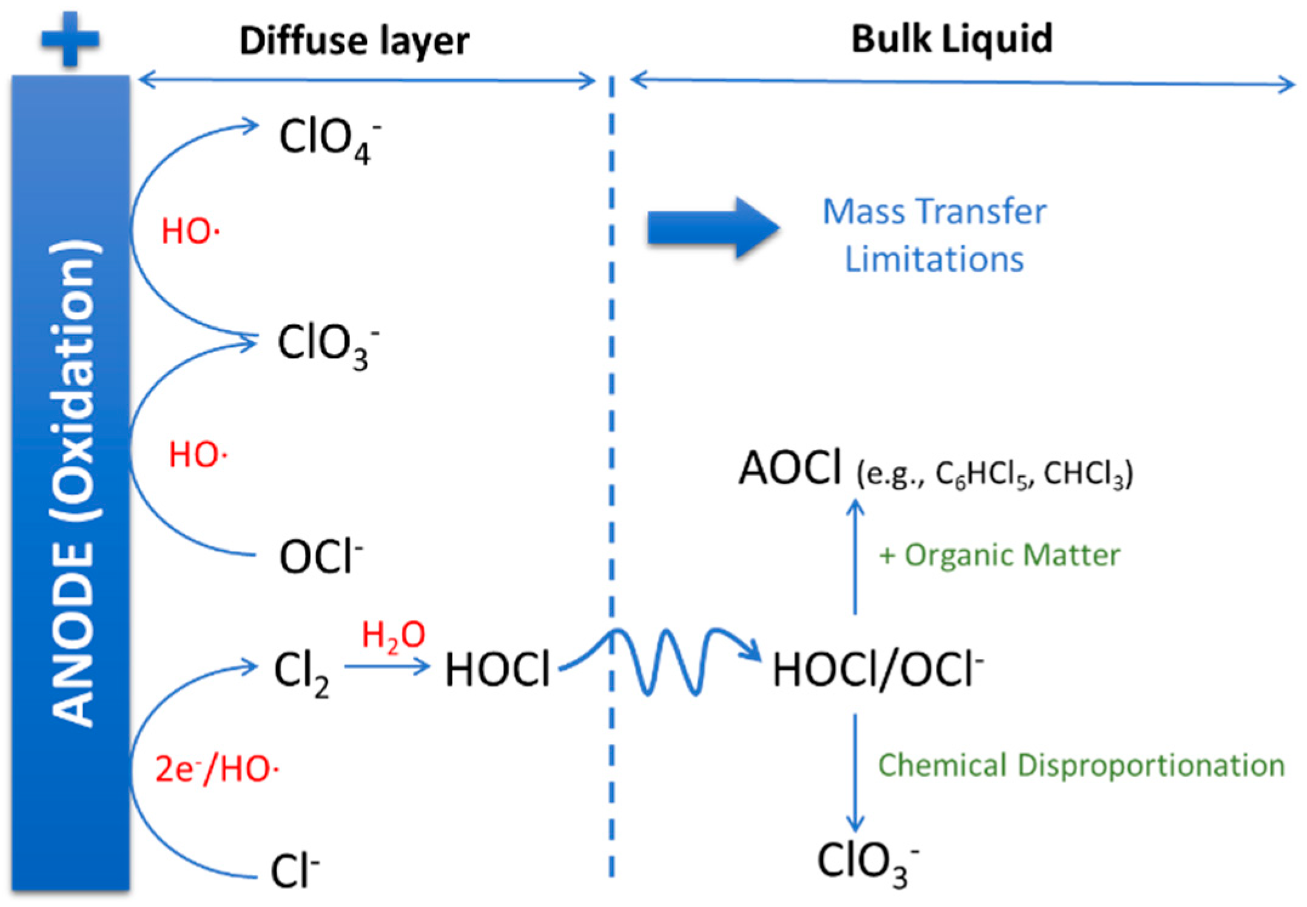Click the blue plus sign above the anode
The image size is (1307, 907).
click(x=70, y=39)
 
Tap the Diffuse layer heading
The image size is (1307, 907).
click(x=354, y=41)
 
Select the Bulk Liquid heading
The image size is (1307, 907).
click(x=952, y=39)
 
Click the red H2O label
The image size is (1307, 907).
click(x=394, y=636)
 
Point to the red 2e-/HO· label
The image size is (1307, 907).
click(x=217, y=769)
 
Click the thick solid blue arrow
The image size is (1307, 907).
click(x=713, y=228)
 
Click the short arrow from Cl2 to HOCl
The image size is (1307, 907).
click(x=387, y=666)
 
